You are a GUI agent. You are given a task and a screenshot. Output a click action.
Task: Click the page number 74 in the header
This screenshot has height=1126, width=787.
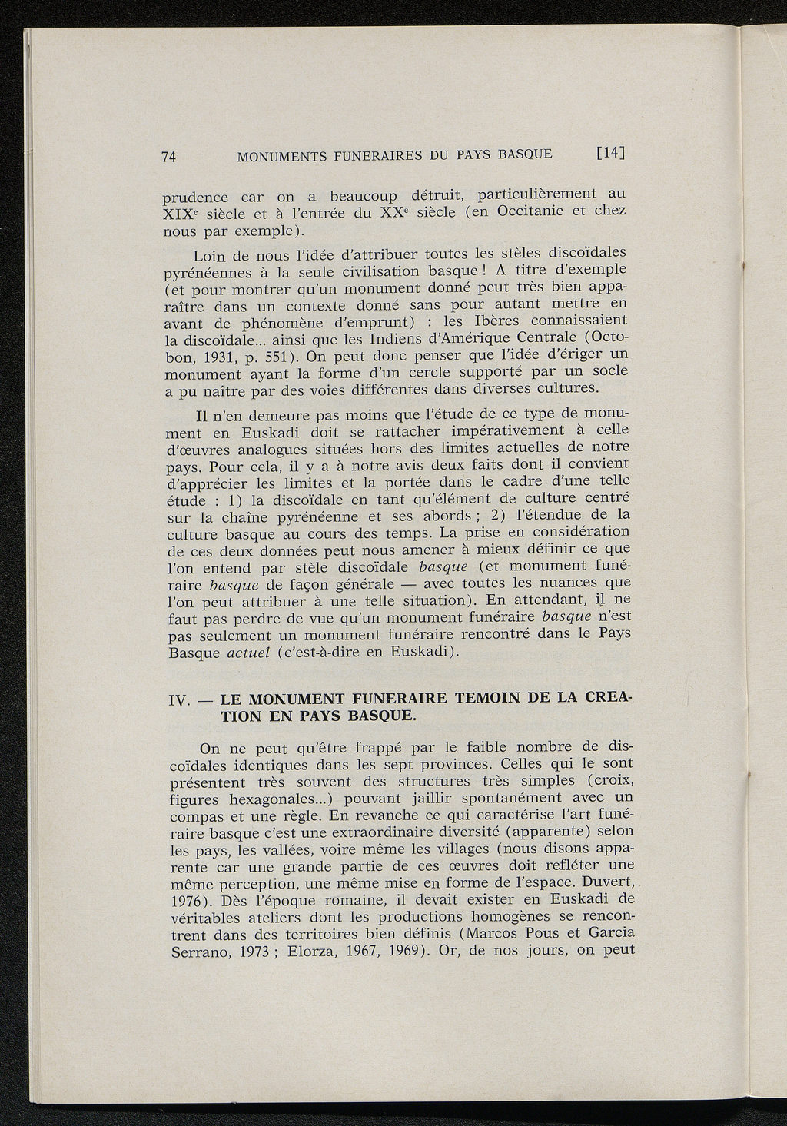click(x=170, y=157)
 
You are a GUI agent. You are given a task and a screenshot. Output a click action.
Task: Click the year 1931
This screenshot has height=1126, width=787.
click(x=207, y=359)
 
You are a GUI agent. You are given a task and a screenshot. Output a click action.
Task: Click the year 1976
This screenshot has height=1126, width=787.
click(x=187, y=899)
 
